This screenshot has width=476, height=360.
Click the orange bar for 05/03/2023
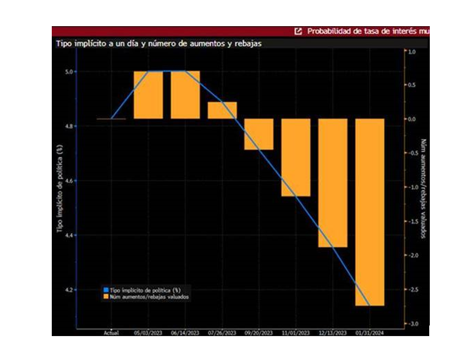click(x=148, y=95)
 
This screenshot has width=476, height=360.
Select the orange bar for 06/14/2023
click(x=185, y=95)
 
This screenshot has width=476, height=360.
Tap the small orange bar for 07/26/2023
click(x=222, y=110)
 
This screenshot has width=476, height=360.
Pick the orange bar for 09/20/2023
click(x=259, y=134)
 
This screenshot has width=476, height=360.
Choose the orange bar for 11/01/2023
click(x=296, y=157)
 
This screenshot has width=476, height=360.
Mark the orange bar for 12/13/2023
click(x=332, y=183)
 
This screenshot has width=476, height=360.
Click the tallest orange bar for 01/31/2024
click(x=370, y=212)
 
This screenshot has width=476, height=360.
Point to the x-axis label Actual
click(x=111, y=333)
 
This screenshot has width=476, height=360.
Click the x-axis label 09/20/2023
click(x=259, y=333)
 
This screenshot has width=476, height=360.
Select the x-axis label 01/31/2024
click(x=370, y=333)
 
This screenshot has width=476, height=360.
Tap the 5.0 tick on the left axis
click(x=68, y=72)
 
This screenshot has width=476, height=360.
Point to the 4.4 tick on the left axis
click(x=68, y=236)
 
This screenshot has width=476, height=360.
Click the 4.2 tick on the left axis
click(x=68, y=290)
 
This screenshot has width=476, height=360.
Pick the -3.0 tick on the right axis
click(x=411, y=324)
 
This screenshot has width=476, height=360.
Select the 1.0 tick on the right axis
click(x=412, y=51)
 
